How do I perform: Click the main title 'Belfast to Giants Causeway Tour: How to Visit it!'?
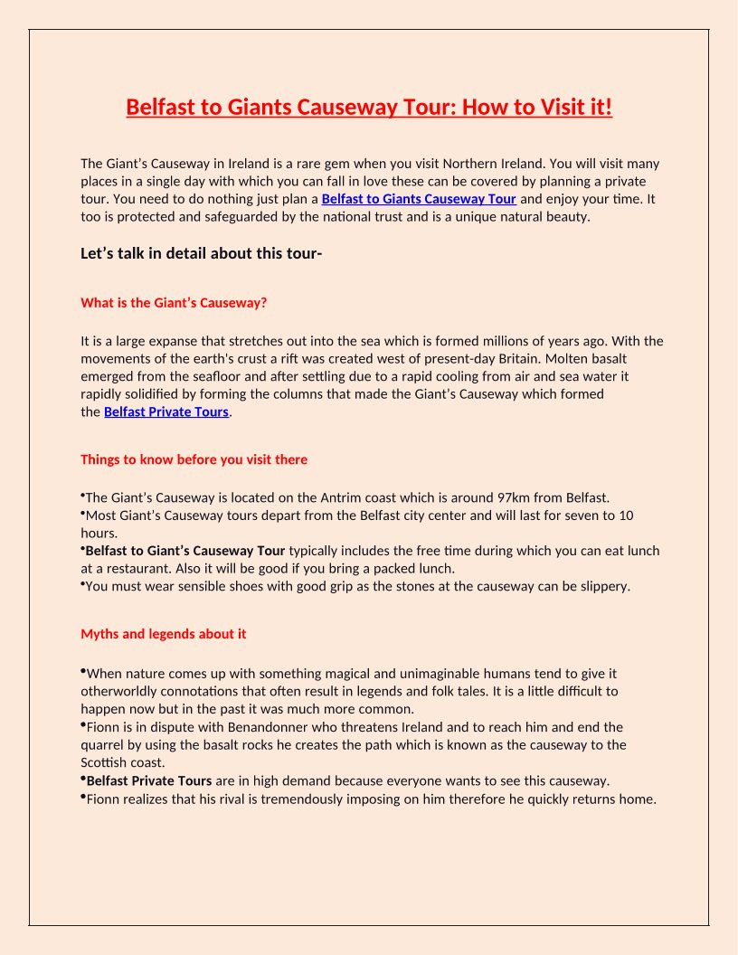(x=369, y=108)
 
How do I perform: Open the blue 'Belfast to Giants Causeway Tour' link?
(x=419, y=199)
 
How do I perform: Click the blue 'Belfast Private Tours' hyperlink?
(x=166, y=412)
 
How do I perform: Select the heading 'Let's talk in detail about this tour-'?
(x=201, y=253)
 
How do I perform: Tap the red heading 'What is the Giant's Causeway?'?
(x=174, y=303)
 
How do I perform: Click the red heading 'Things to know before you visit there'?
(x=194, y=459)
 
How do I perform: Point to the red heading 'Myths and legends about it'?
(x=163, y=634)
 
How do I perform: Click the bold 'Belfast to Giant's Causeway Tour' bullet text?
(x=185, y=551)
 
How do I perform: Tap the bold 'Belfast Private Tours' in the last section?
(x=149, y=780)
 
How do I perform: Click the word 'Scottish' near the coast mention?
(x=104, y=763)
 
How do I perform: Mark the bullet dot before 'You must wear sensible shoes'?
(x=82, y=584)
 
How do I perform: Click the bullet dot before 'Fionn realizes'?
(x=82, y=797)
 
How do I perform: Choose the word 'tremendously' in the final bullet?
(x=298, y=799)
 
